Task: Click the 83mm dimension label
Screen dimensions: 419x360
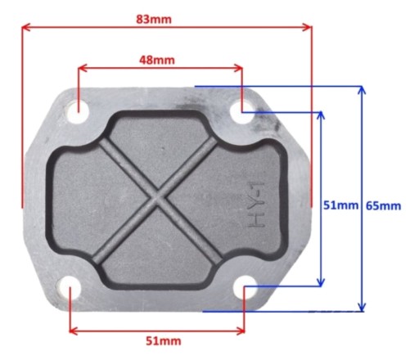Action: (x=154, y=20)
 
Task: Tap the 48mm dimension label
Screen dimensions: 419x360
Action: (x=157, y=60)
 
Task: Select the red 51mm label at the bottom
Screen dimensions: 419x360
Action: (x=163, y=341)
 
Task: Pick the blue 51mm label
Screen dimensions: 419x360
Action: (x=340, y=205)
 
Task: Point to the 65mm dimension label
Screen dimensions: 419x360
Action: (x=383, y=206)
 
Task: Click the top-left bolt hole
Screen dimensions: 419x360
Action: (x=78, y=112)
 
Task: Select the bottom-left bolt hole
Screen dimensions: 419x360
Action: (x=70, y=288)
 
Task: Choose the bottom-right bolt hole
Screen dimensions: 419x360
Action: (x=245, y=287)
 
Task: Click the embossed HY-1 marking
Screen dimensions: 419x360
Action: (x=256, y=205)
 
